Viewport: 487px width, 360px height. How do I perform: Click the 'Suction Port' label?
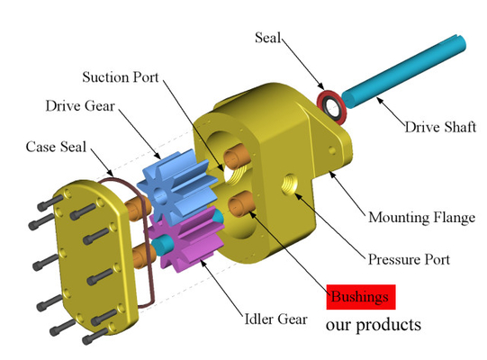click(121, 77)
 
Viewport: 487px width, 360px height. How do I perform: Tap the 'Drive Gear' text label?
click(80, 106)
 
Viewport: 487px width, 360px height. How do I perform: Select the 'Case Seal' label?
click(56, 147)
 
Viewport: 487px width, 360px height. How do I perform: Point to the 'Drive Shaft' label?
click(440, 127)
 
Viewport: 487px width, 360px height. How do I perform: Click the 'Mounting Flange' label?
click(422, 218)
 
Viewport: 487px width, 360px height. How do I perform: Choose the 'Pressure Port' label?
click(409, 259)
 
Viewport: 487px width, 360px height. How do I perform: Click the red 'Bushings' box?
click(361, 297)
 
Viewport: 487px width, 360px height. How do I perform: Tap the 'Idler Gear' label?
click(275, 319)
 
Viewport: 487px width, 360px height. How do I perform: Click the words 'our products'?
click(374, 325)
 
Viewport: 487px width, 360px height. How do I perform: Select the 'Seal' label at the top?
click(267, 38)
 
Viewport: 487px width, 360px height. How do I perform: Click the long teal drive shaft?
click(404, 71)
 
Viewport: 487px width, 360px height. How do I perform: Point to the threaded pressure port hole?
click(289, 184)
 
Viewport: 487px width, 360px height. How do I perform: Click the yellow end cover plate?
click(95, 257)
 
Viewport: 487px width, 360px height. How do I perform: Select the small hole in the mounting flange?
click(332, 150)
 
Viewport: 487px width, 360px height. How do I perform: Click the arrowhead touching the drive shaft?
click(380, 100)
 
